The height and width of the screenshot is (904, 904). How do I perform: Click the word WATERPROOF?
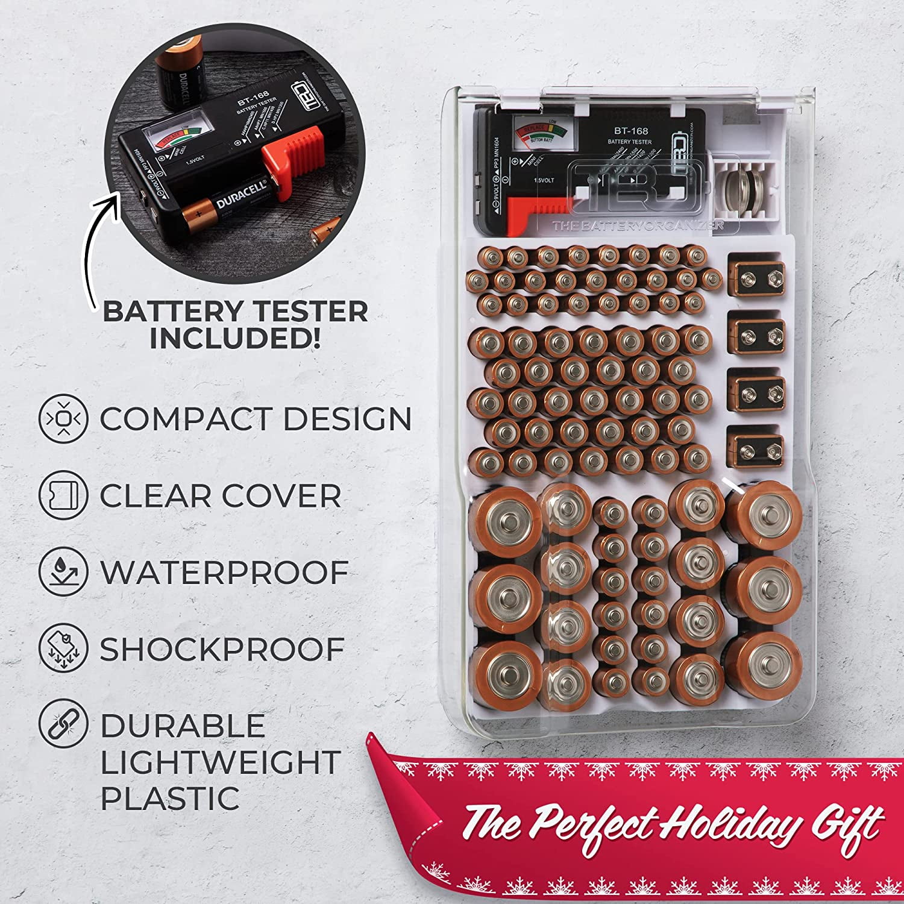point(224,572)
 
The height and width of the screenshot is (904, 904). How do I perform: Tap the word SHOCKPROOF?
point(222,649)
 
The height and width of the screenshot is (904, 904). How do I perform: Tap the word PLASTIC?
point(170,797)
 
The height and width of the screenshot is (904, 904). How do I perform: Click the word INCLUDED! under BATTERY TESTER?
point(235,339)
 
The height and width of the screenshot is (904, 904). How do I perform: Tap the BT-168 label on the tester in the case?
point(630,131)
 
